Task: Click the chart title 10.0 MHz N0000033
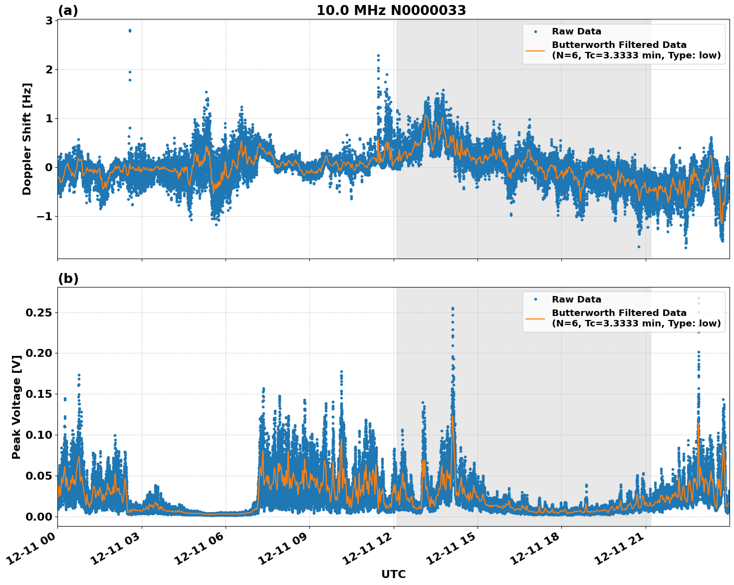pyautogui.click(x=391, y=10)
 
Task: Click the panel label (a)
pyautogui.click(x=68, y=10)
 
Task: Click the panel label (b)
pyautogui.click(x=68, y=279)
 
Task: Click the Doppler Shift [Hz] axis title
pyautogui.click(x=27, y=139)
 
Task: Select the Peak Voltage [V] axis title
pyautogui.click(x=16, y=407)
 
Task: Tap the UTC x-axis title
pyautogui.click(x=393, y=574)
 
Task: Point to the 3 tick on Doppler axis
pyautogui.click(x=49, y=20)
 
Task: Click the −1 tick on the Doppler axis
pyautogui.click(x=45, y=216)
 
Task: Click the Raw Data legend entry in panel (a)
pyautogui.click(x=576, y=31)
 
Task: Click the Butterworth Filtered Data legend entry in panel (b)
pyautogui.click(x=636, y=318)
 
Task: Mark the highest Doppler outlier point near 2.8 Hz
pyautogui.click(x=130, y=30)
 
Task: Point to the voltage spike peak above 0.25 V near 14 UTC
pyautogui.click(x=453, y=308)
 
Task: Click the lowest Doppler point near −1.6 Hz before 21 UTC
pyautogui.click(x=639, y=247)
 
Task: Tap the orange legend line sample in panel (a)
pyautogui.click(x=535, y=50)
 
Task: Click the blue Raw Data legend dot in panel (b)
pyautogui.click(x=535, y=299)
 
